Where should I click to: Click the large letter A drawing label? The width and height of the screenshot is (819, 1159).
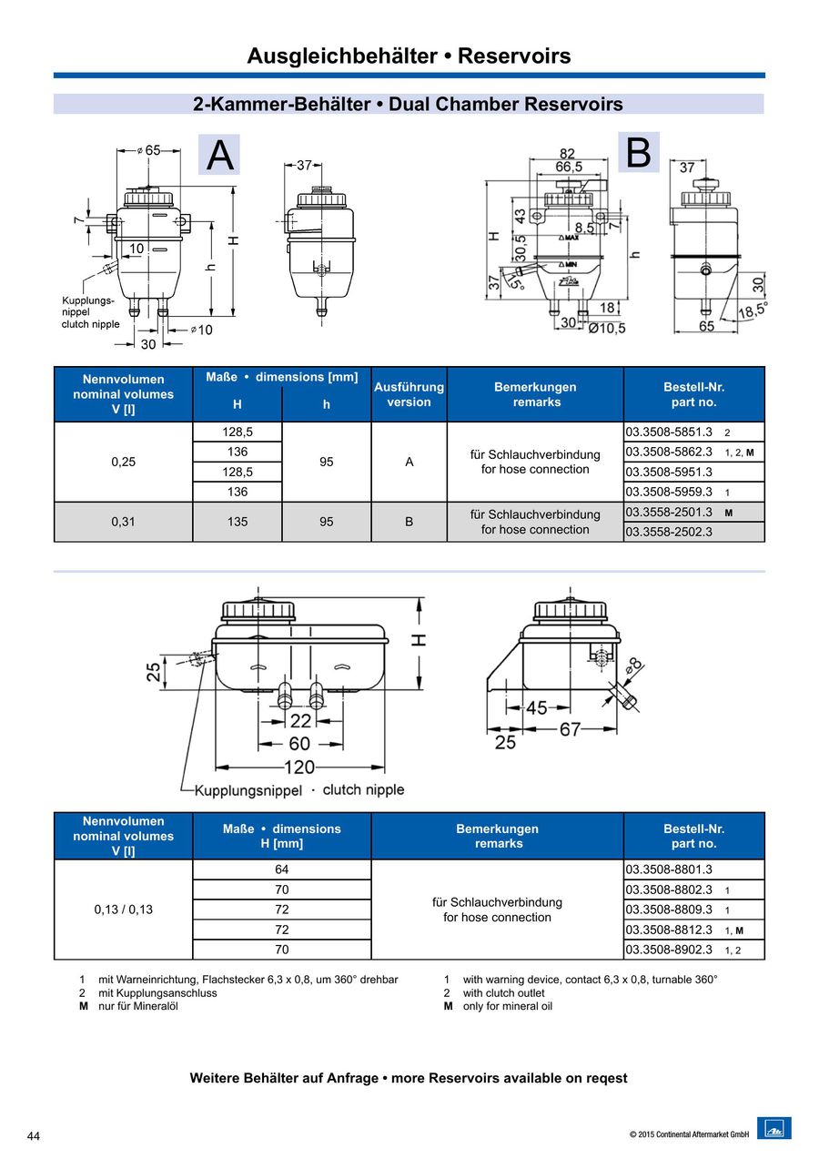pyautogui.click(x=219, y=156)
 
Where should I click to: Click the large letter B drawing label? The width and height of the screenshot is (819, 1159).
pyautogui.click(x=639, y=153)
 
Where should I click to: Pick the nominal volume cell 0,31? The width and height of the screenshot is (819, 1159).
pyautogui.click(x=123, y=522)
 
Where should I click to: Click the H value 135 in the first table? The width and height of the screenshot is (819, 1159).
pyautogui.click(x=238, y=522)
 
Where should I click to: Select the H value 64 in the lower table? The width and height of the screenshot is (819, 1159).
pyautogui.click(x=282, y=869)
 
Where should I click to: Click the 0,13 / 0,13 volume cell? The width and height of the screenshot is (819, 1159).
pyautogui.click(x=124, y=909)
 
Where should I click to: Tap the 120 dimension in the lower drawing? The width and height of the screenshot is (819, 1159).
pyautogui.click(x=299, y=767)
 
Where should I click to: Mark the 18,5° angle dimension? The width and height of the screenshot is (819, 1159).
pyautogui.click(x=750, y=309)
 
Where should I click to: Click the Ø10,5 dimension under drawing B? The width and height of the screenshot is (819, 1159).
pyautogui.click(x=606, y=328)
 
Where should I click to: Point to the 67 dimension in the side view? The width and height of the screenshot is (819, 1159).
pyautogui.click(x=570, y=728)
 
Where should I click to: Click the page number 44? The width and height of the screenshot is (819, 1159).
pyautogui.click(x=34, y=1136)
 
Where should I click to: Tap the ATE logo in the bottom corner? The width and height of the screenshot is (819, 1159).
pyautogui.click(x=773, y=1129)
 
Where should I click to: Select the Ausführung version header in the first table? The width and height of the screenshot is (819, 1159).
pyautogui.click(x=409, y=394)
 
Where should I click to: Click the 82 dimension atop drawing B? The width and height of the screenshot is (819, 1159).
pyautogui.click(x=567, y=154)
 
